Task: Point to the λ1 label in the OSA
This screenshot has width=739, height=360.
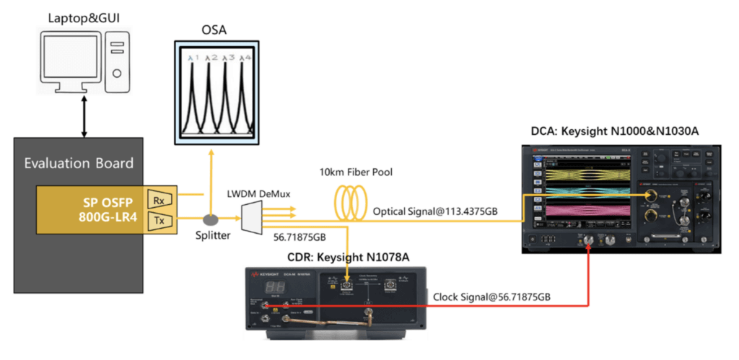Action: click(192, 57)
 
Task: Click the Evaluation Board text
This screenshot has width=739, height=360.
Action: click(79, 163)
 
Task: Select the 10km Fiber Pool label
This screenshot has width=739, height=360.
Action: click(356, 175)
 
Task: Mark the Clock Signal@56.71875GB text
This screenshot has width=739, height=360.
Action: click(492, 297)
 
